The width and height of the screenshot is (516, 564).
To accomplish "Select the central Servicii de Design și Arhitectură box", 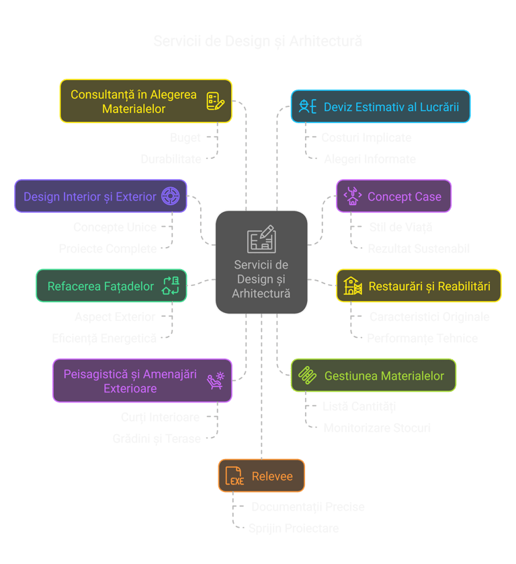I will [261, 262].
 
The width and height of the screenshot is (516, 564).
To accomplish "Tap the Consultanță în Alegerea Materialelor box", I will [146, 101].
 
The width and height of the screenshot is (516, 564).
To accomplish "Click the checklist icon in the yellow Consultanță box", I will [214, 102].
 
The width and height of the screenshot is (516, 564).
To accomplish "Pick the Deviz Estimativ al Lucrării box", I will [380, 106].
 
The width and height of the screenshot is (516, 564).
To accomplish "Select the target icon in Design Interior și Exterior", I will [171, 197].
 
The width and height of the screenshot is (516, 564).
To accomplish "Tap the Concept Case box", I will [393, 197].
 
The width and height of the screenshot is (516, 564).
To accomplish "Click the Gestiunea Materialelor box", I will [373, 376].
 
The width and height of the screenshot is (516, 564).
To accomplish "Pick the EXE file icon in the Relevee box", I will [234, 477].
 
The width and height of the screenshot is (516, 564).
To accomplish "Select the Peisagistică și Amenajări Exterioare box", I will [142, 381].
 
